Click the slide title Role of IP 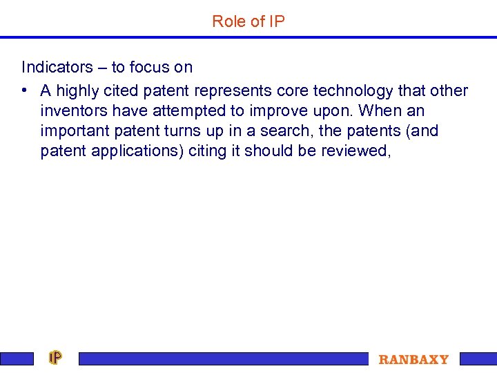coord(248,21)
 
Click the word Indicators coord(57,68)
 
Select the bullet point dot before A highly coord(25,91)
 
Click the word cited coord(120,91)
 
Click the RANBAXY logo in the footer coord(413,359)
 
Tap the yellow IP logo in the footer coord(55,358)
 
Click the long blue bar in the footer coord(224,358)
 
